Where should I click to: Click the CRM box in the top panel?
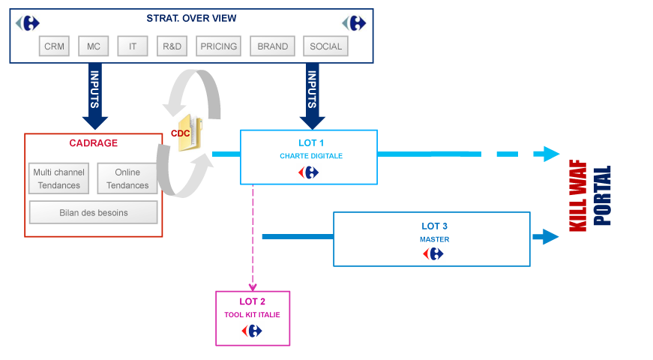55,46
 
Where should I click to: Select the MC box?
94,46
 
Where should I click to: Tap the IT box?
133,46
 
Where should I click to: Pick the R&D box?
172,46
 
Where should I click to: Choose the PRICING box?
218,46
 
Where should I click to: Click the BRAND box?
272,46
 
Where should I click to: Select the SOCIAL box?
326,46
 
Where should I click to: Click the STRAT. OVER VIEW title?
190,18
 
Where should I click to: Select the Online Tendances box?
127,178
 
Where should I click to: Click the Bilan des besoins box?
94,212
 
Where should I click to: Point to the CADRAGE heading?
94,143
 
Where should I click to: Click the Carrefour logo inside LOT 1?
309,172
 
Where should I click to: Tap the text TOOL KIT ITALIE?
253,315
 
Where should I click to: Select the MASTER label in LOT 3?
434,239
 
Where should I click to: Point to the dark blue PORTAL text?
602,195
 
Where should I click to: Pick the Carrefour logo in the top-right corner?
354,22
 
